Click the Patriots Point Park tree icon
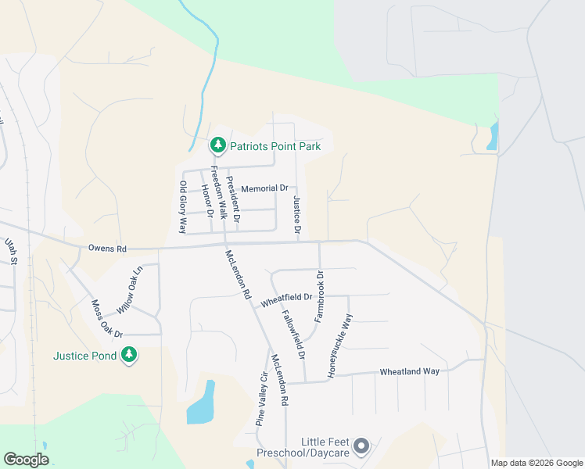(x=218, y=145)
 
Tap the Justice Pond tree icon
(x=129, y=356)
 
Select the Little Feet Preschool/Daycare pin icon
(x=361, y=446)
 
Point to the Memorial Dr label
(x=264, y=188)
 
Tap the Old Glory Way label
(x=183, y=207)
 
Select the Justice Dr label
(x=297, y=215)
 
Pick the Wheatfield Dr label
(x=286, y=298)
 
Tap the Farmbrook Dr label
(x=319, y=297)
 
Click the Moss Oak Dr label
(x=106, y=320)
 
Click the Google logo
(x=26, y=460)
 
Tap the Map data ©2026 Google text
(x=536, y=463)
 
